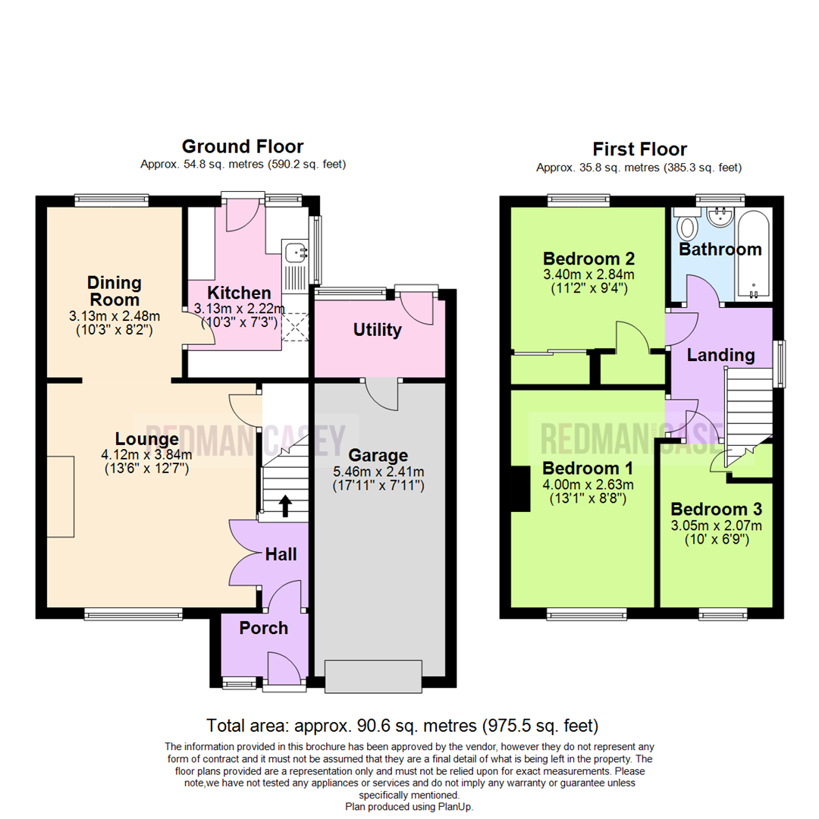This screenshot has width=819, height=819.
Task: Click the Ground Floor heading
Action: pos(242,146)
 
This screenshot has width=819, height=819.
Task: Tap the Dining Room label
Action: pos(115,291)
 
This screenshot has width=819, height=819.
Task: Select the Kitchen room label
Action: pos(240,293)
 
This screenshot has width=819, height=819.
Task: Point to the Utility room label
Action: pos(378,331)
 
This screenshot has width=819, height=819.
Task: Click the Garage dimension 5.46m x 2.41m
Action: pos(378,472)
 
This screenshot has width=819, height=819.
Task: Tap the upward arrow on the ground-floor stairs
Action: pos(285,506)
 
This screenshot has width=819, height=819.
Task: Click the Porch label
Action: pos(264,628)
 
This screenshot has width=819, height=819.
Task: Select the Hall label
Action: pos(281,555)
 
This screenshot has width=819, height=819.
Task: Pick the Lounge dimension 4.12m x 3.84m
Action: pos(147,455)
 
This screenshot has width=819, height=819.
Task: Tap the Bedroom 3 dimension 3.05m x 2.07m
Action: pos(716,526)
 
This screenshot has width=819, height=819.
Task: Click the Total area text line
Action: pos(403,724)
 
